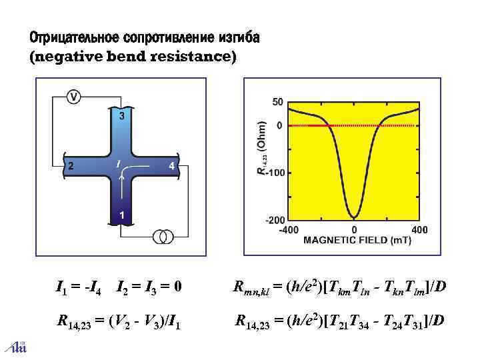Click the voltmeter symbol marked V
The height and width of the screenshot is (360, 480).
74,97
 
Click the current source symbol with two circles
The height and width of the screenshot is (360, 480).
164,236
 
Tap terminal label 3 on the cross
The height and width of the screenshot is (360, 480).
121,117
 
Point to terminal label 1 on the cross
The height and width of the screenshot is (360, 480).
121,215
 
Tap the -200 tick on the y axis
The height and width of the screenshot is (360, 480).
274,219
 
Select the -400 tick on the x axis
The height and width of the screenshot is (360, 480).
288,229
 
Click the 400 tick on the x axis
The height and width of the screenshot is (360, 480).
419,229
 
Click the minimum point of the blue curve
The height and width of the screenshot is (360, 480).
354,217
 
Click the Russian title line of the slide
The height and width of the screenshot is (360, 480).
144,37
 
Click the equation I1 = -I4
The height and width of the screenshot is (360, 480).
80,287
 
